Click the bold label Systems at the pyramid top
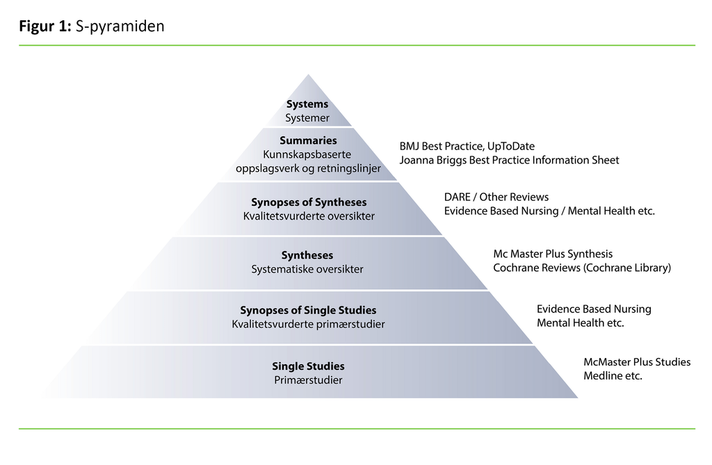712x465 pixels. click(307, 104)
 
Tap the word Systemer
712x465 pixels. click(307, 118)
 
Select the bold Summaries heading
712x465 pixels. click(308, 140)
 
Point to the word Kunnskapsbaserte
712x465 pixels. click(308, 154)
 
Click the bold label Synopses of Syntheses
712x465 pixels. click(309, 202)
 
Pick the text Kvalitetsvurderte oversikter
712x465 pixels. click(309, 216)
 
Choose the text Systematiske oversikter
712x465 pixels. click(307, 269)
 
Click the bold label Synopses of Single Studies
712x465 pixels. click(308, 310)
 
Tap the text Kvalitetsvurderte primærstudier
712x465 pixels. click(308, 324)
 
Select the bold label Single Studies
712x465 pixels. click(308, 366)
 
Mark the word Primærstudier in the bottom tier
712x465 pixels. click(308, 380)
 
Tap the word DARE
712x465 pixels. click(458, 197)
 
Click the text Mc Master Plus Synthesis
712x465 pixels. click(553, 254)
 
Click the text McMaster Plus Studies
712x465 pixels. click(637, 362)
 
